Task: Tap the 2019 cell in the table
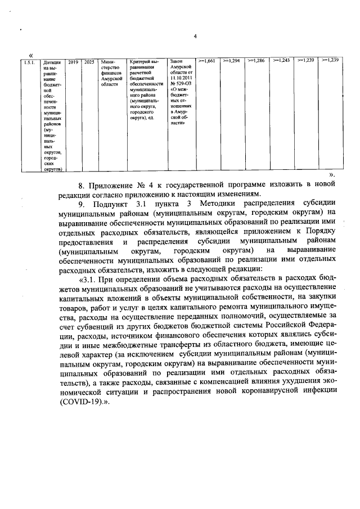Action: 73,61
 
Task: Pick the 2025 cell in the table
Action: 89,61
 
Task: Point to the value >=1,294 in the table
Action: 231,60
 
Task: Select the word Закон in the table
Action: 176,61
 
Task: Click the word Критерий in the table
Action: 142,61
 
